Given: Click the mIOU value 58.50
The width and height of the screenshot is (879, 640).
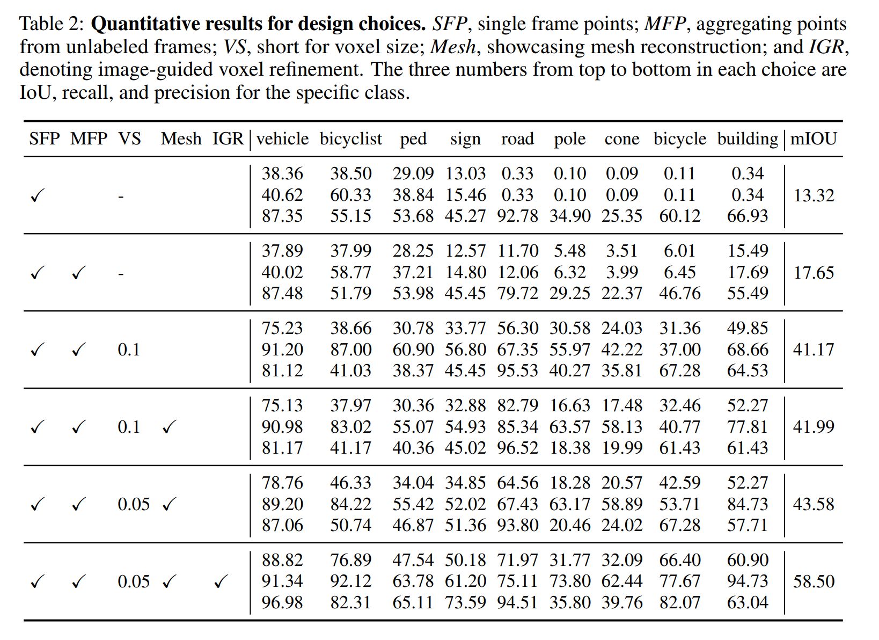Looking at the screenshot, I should (814, 581).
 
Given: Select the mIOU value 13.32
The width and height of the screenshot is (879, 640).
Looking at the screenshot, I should (814, 195).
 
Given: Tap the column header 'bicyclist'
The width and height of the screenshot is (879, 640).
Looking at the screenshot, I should (350, 139).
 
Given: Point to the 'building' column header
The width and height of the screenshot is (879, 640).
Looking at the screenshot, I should (747, 139).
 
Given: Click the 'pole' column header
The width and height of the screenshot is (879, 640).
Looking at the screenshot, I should (569, 139).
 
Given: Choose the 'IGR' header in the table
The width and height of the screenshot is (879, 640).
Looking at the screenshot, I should (228, 139).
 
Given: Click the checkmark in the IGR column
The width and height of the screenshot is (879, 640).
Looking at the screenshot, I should (221, 581).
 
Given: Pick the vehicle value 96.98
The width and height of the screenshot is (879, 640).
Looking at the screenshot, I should (282, 602).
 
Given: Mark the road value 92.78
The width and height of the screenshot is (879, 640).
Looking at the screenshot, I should (517, 216).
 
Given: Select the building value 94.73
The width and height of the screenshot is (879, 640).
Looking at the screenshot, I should (748, 581).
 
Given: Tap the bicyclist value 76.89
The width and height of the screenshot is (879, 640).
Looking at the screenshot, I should (350, 560).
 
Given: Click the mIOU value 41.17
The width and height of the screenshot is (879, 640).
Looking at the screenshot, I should (814, 350).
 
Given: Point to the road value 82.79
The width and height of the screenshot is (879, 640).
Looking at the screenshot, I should (517, 405).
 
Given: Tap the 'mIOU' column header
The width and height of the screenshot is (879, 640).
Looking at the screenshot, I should (814, 139).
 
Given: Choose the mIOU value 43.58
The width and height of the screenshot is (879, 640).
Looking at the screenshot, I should (814, 504).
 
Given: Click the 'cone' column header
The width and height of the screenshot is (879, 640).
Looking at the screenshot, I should (622, 139).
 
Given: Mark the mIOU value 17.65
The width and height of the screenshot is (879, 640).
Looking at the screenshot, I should (814, 272).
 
